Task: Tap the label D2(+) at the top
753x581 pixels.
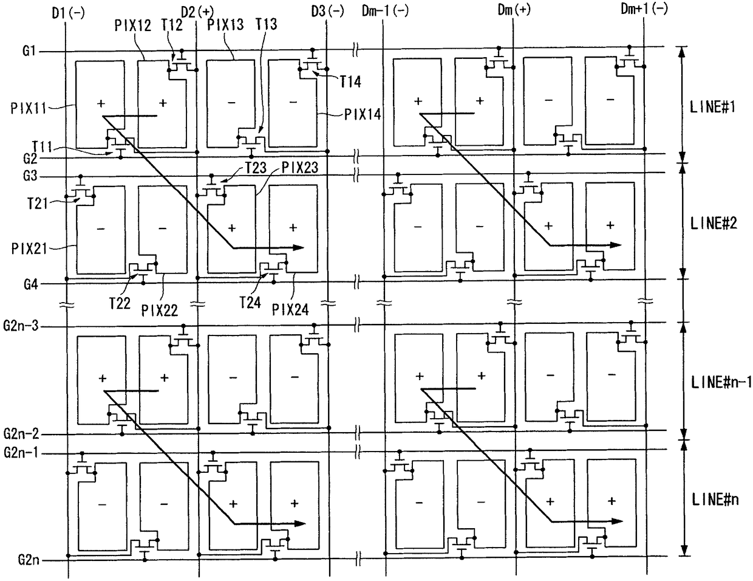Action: pyautogui.click(x=197, y=10)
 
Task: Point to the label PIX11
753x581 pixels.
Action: pyautogui.click(x=29, y=108)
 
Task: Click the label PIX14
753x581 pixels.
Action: pyautogui.click(x=363, y=114)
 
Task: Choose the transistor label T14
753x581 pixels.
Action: pyautogui.click(x=350, y=81)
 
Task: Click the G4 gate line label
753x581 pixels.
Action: pyautogui.click(x=30, y=284)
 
